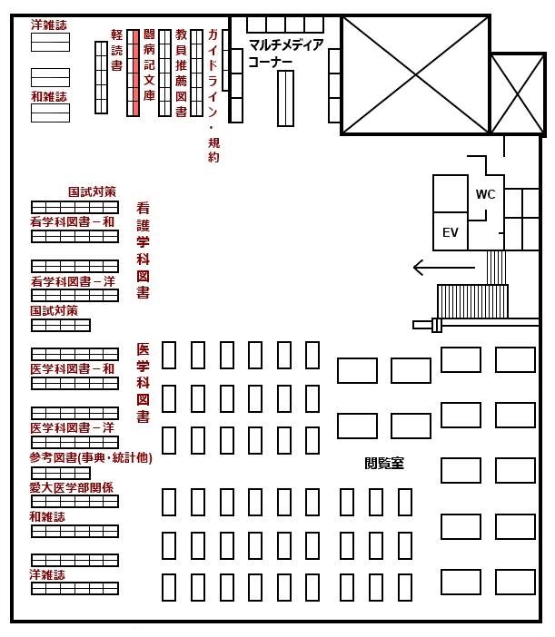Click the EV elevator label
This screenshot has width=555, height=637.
point(451,232)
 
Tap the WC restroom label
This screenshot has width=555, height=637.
point(485,194)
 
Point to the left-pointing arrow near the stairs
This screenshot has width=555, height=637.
point(443,268)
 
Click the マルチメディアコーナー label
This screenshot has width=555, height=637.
point(286,53)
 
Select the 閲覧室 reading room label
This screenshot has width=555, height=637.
point(384,463)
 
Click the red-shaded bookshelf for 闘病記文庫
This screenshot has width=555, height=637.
point(133,73)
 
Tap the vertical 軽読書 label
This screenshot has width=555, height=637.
point(116,50)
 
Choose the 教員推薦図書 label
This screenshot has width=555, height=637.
point(181,73)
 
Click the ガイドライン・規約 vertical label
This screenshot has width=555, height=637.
point(213,96)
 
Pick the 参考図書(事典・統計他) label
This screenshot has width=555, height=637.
point(91,458)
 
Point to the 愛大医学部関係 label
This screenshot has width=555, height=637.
point(71,487)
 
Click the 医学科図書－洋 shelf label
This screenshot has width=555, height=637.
point(73,427)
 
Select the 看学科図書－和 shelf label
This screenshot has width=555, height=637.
point(73,221)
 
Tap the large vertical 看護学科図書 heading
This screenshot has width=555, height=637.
point(143,250)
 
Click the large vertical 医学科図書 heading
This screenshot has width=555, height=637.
point(143,383)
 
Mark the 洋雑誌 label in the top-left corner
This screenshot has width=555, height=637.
point(49,25)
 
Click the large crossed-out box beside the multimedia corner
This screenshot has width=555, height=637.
point(415,75)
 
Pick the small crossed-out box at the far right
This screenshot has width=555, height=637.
point(518,94)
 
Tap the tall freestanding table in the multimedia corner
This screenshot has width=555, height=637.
point(285,98)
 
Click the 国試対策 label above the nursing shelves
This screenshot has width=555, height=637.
point(92,191)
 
